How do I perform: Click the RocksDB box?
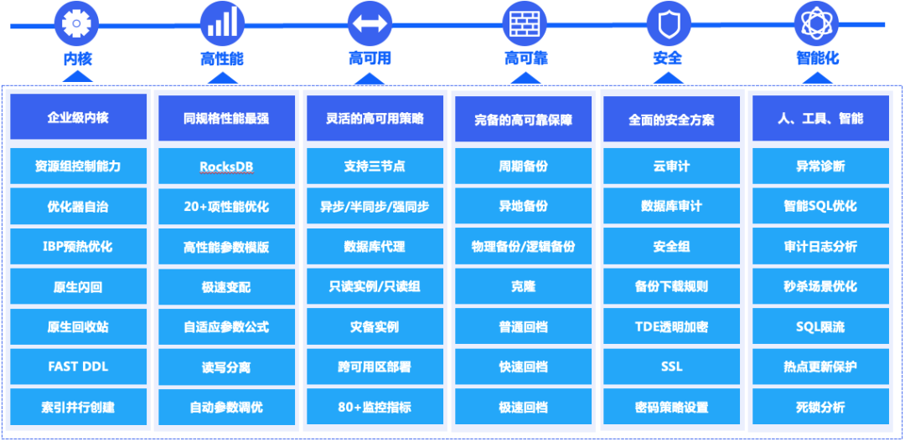[226, 166]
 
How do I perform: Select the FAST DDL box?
[79, 367]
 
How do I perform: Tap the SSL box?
[672, 367]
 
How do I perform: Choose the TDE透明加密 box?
[672, 327]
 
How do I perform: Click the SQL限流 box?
[820, 327]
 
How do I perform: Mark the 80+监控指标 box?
[375, 407]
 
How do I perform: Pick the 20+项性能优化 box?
[226, 207]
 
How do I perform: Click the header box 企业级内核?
[79, 118]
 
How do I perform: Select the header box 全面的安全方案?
[672, 119]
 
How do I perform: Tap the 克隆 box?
[523, 286]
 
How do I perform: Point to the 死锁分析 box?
[820, 407]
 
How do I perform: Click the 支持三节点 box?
[375, 166]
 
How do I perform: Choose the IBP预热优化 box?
[79, 247]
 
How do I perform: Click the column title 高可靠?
[525, 59]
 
